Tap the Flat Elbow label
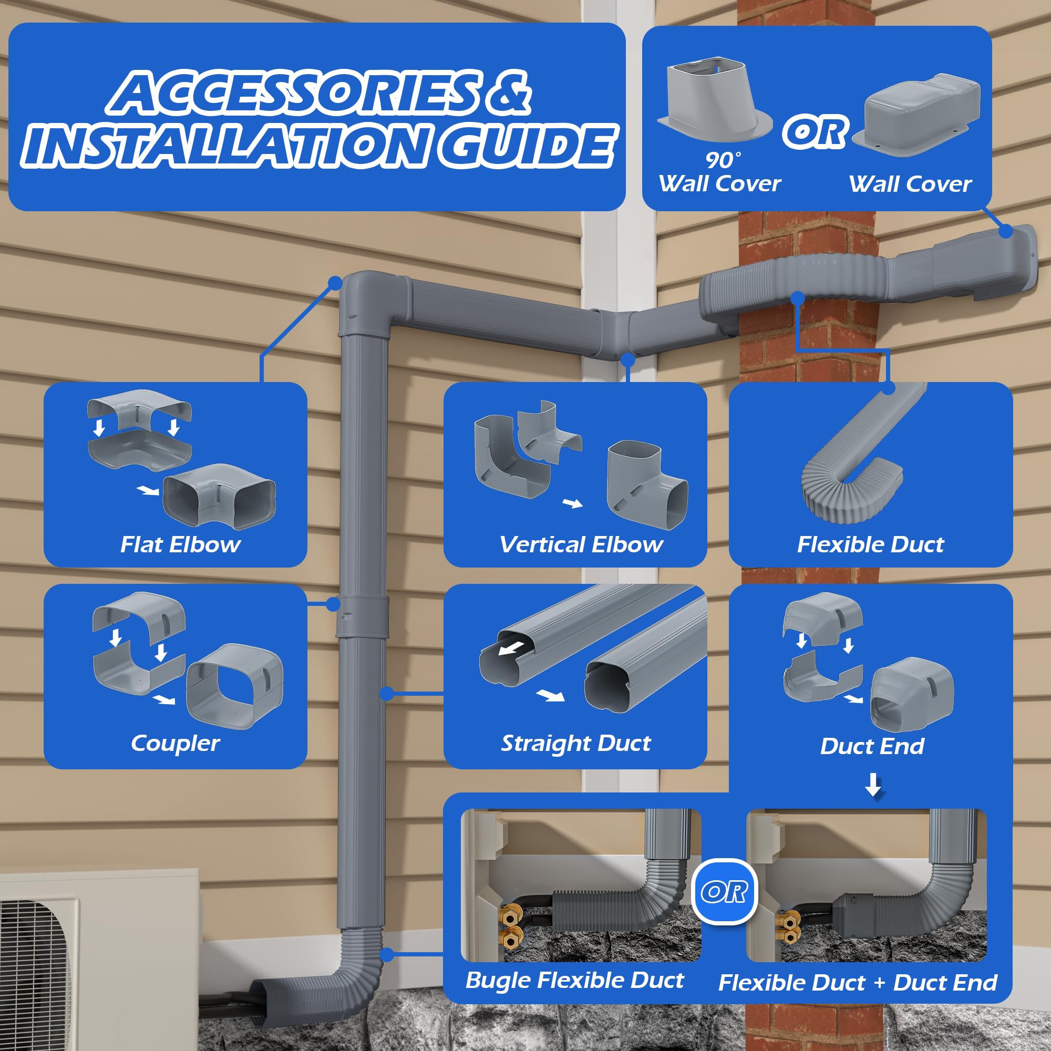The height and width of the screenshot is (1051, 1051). pyautogui.click(x=180, y=544)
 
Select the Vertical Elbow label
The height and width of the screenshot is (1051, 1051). pyautogui.click(x=581, y=544)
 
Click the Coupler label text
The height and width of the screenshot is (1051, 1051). pyautogui.click(x=175, y=743)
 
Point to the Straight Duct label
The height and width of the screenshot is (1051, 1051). pyautogui.click(x=575, y=743)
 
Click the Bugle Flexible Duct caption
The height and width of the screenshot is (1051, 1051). pyautogui.click(x=574, y=980)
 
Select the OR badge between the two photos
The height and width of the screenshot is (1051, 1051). pyautogui.click(x=724, y=892)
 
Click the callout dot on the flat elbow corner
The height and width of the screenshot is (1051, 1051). pyautogui.click(x=336, y=283)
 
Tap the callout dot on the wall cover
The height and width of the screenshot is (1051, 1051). pyautogui.click(x=1006, y=231)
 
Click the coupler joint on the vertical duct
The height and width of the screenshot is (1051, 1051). pyautogui.click(x=362, y=617)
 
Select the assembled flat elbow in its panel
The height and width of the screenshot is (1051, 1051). pyautogui.click(x=219, y=495)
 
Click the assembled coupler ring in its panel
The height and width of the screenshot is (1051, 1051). pyautogui.click(x=235, y=687)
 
